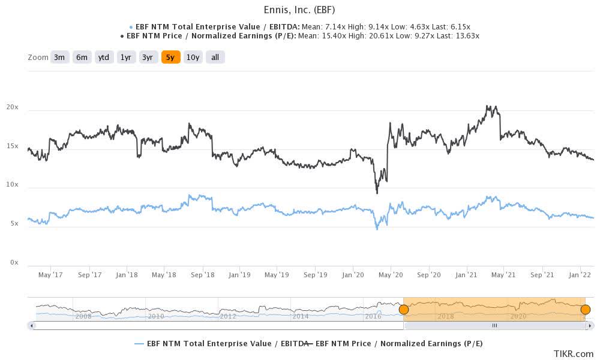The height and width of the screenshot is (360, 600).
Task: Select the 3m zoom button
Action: (x=59, y=57)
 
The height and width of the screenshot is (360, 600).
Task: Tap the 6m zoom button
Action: (x=82, y=57)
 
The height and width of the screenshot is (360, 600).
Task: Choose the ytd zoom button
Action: (x=104, y=57)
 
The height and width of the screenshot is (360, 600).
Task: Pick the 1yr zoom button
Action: (x=126, y=57)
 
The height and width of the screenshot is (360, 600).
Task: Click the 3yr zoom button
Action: (x=148, y=57)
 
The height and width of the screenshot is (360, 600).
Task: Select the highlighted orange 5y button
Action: (x=170, y=57)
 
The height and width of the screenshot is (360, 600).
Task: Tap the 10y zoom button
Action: (x=193, y=57)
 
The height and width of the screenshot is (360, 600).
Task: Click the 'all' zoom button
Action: (x=215, y=57)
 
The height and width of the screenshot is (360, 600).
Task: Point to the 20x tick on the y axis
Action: (x=13, y=107)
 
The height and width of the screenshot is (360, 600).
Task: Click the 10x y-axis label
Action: (x=13, y=185)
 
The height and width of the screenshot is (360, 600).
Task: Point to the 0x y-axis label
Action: (x=14, y=263)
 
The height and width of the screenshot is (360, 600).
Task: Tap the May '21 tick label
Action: (x=503, y=275)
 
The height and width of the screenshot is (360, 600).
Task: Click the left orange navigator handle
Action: (x=404, y=310)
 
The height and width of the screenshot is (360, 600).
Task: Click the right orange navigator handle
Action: (x=586, y=310)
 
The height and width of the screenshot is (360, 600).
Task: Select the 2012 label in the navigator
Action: (x=228, y=316)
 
